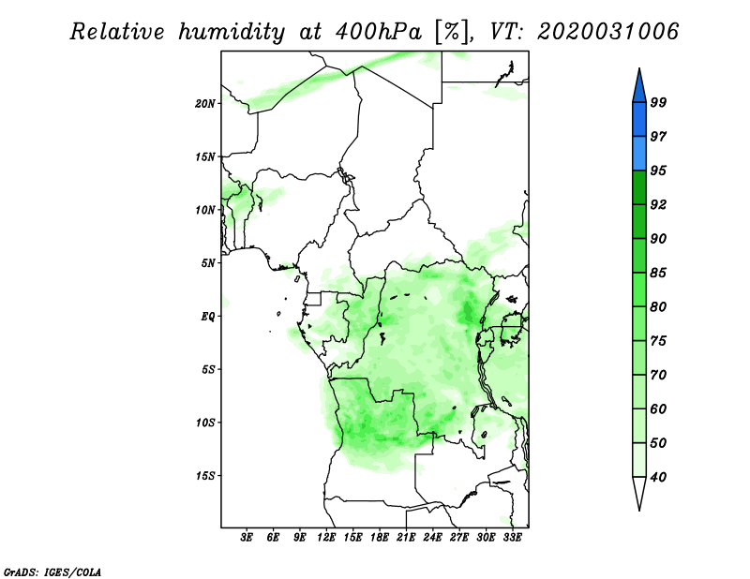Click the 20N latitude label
(x=205, y=103)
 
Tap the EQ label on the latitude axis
(x=208, y=316)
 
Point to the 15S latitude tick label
(x=205, y=476)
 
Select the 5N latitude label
(x=208, y=263)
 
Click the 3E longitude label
(x=247, y=537)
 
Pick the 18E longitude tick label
(x=380, y=537)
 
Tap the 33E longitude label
(x=512, y=537)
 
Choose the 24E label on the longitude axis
(x=432, y=537)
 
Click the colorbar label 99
(x=658, y=102)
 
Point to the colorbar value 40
(x=658, y=477)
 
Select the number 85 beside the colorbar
(x=658, y=273)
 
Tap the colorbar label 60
(x=658, y=408)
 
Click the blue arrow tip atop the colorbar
(x=639, y=69)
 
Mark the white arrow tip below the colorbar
(x=639, y=509)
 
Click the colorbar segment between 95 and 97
(x=639, y=154)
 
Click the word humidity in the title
(x=232, y=32)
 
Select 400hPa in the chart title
(x=379, y=32)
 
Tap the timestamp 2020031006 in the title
(x=607, y=32)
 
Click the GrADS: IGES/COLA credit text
(x=52, y=572)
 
